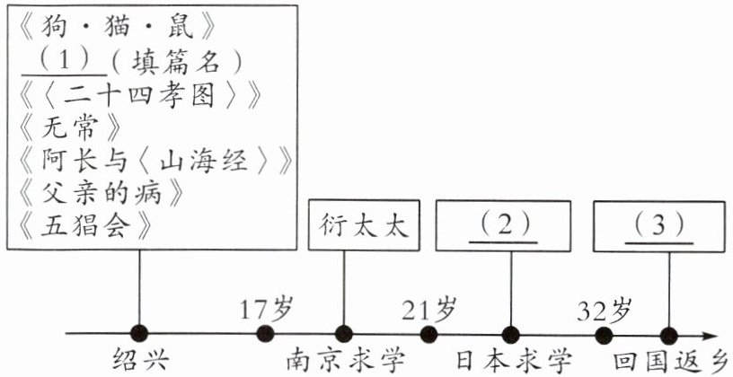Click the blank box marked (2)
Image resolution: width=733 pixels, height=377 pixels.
click(503, 225)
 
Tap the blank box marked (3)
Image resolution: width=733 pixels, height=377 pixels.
click(659, 225)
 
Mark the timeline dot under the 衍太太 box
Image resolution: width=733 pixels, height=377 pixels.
click(343, 334)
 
